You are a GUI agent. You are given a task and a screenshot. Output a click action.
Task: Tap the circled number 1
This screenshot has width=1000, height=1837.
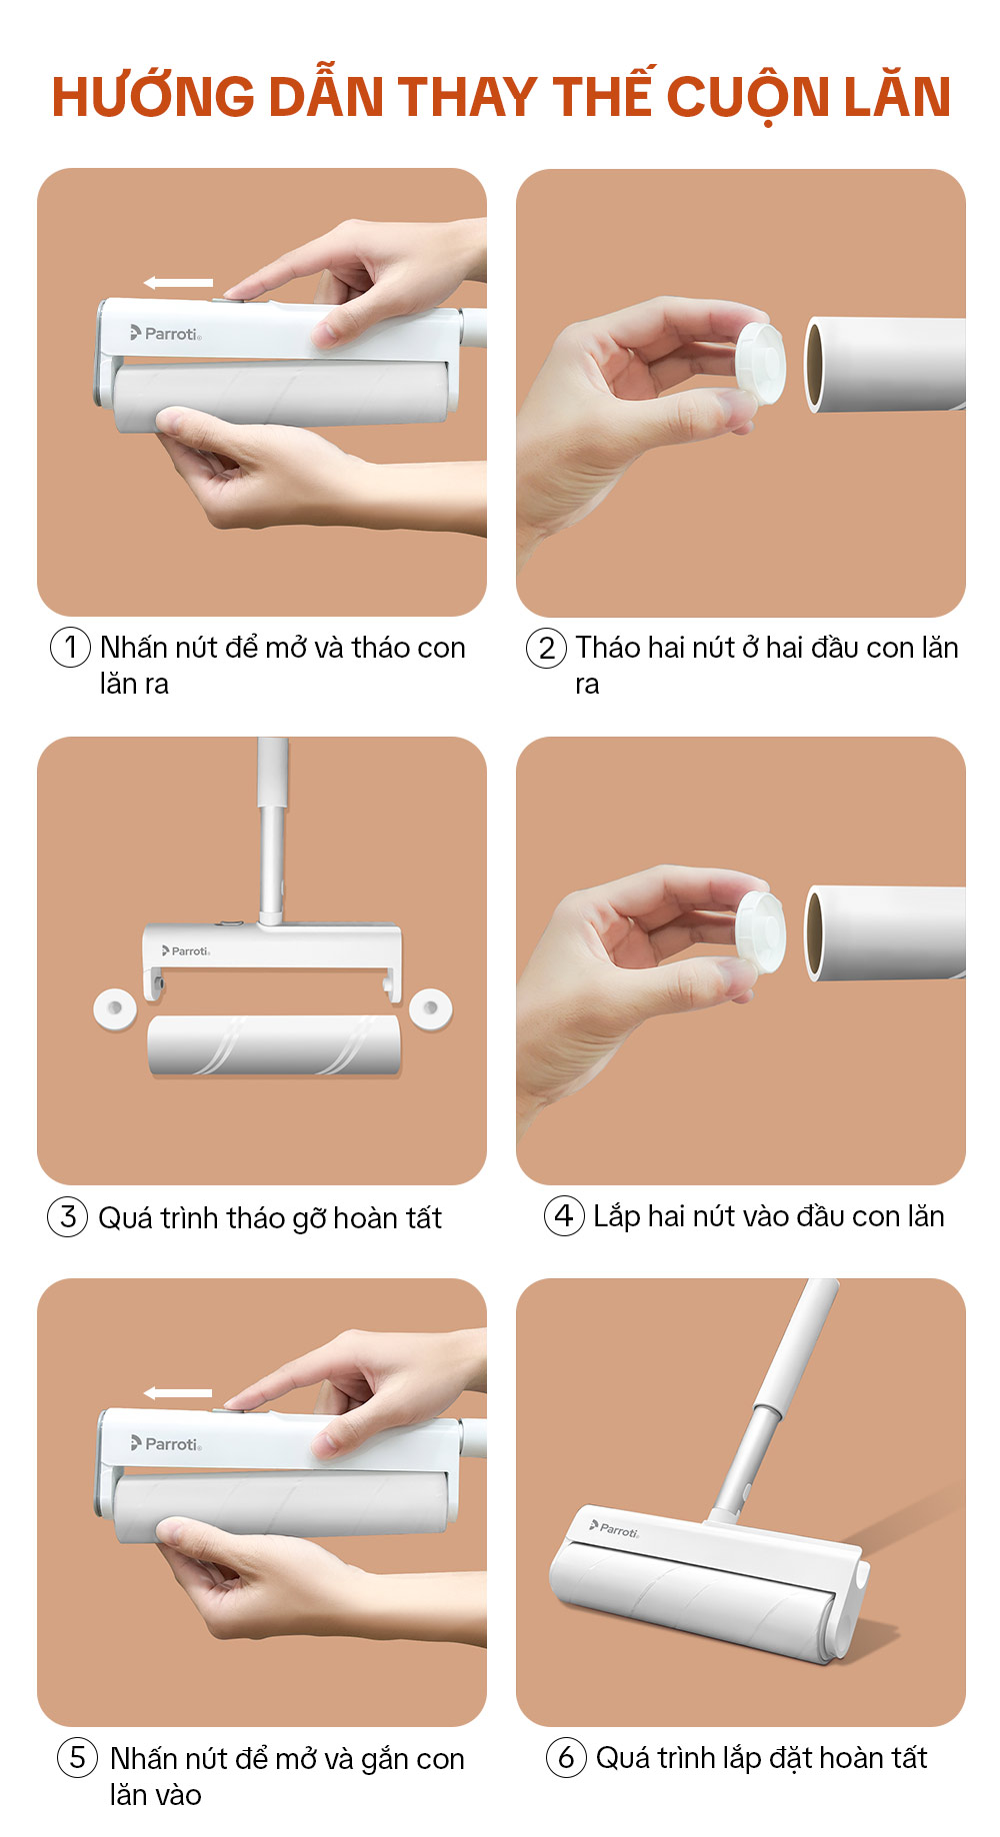click(70, 647)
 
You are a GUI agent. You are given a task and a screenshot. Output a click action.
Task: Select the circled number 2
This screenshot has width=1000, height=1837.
click(546, 648)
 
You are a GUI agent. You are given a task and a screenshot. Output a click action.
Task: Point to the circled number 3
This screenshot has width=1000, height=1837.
click(68, 1216)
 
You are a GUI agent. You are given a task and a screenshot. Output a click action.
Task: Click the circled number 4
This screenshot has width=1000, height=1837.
click(564, 1215)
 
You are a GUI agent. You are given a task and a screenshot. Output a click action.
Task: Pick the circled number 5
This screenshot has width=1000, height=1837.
click(77, 1756)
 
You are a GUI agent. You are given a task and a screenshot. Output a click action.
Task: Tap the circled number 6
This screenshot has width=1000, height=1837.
click(566, 1756)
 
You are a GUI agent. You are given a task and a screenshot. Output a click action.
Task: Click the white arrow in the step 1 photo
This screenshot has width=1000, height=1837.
click(178, 283)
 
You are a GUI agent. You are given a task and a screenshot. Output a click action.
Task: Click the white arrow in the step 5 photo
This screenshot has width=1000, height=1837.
click(178, 1392)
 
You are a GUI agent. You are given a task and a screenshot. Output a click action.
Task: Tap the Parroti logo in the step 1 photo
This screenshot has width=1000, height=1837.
click(166, 333)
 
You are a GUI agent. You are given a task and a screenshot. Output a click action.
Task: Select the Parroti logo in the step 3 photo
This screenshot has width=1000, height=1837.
click(186, 950)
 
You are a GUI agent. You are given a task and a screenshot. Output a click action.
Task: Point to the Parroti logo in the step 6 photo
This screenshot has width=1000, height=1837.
click(614, 1529)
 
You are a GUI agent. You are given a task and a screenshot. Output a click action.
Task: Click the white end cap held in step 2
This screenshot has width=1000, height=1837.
click(760, 364)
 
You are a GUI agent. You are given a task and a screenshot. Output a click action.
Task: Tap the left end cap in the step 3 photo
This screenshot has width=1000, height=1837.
click(114, 1008)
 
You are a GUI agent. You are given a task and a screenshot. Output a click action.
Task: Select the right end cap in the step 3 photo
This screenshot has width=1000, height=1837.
click(431, 1008)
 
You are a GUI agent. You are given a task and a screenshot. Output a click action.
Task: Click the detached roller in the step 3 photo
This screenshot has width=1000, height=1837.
click(274, 1046)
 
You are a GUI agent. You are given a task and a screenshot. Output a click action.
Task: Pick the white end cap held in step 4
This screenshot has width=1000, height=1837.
click(760, 932)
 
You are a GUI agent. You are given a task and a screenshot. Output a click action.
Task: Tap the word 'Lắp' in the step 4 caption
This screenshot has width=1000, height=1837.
click(616, 1216)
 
